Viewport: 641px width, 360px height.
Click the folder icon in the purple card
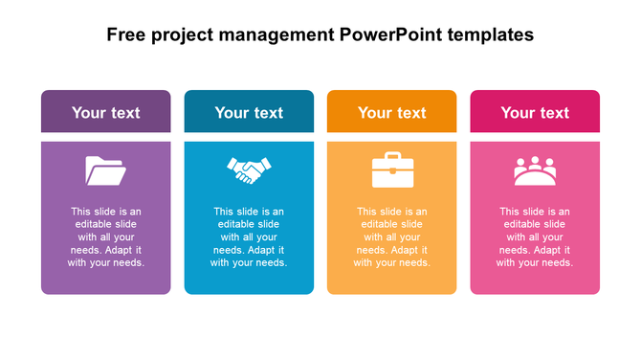pos(105,170)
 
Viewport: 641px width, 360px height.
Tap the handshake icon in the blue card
pos(249,170)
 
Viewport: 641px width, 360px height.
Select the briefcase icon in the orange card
pos(391,170)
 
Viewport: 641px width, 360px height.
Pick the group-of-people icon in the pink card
pos(535,170)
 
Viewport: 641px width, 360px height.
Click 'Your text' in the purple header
pos(105,112)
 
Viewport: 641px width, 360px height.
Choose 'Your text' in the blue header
pos(249,112)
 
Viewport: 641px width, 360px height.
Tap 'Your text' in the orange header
pos(391,112)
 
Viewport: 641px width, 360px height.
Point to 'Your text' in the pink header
pos(535,112)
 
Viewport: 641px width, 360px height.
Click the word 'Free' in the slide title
pos(126,35)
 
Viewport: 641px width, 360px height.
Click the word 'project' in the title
pos(185,36)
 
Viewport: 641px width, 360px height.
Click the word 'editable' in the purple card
pos(94,225)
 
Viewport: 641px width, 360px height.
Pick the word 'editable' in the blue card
pos(236,225)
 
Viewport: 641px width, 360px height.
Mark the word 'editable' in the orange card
pos(380,225)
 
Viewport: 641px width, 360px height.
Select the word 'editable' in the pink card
pos(522,225)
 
